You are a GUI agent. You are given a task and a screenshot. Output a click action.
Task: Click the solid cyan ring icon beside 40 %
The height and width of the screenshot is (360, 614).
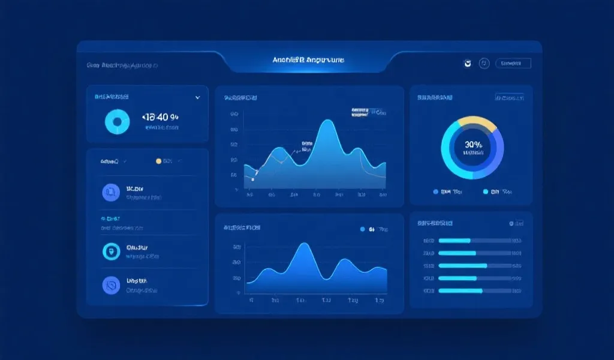[118, 122]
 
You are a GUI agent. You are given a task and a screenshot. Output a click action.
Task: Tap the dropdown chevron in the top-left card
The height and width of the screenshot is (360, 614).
[197, 97]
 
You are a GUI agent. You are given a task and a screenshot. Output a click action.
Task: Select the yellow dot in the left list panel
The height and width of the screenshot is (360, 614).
[159, 161]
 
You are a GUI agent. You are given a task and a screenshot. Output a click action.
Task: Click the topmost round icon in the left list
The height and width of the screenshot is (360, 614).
[112, 193]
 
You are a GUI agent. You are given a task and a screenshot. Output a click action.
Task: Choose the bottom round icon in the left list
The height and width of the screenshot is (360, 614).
[112, 285]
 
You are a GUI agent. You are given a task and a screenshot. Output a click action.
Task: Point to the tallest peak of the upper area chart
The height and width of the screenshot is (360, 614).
[327, 122]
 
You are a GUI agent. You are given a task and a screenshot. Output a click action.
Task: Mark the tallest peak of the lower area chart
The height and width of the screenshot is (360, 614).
[303, 245]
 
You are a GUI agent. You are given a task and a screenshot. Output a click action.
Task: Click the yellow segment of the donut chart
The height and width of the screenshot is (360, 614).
[477, 123]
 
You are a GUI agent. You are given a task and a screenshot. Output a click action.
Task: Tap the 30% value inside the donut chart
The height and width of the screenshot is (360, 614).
[472, 144]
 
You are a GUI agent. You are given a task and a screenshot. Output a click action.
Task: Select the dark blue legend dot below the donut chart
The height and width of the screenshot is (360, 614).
[436, 192]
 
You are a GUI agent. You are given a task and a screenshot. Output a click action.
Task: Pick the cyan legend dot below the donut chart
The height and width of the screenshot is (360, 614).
[486, 192]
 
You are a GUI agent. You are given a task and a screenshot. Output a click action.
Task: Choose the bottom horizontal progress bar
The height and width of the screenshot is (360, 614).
[460, 291]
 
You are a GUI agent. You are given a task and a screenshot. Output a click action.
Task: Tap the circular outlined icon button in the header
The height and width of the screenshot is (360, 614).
[484, 63]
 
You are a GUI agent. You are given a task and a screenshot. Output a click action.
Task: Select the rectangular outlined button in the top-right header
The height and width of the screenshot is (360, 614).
[513, 63]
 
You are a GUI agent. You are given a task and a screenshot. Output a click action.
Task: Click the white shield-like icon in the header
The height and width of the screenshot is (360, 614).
[467, 63]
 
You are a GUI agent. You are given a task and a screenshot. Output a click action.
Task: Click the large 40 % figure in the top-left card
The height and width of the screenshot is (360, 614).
[161, 117]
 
